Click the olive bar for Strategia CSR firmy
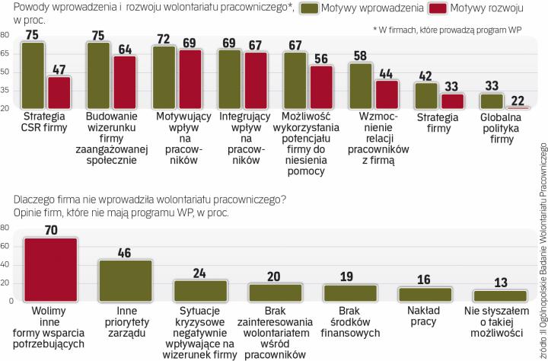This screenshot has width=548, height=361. [33, 76]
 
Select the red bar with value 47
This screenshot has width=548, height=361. [59, 93]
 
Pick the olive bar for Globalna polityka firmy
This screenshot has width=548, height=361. [492, 101]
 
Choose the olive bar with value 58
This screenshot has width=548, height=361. [361, 86]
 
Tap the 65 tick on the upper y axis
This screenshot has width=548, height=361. [5, 54]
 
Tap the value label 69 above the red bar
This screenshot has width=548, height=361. [189, 40]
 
